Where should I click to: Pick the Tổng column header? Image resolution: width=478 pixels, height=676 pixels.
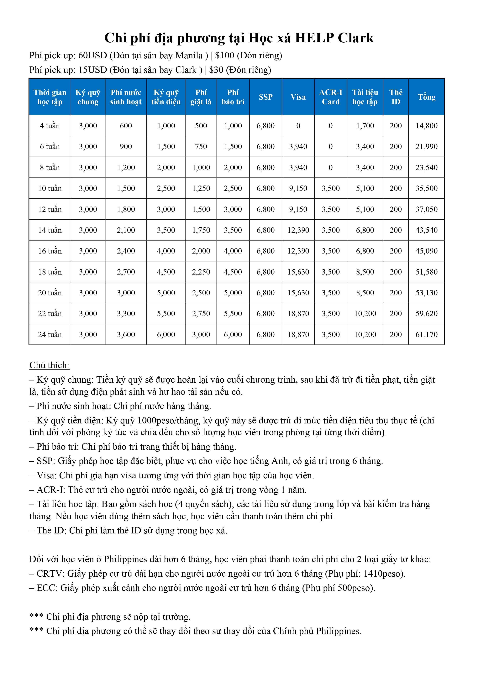click(x=426, y=97)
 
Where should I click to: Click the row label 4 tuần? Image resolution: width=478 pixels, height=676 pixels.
click(x=50, y=126)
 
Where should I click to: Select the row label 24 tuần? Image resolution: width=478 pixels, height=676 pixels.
click(x=50, y=334)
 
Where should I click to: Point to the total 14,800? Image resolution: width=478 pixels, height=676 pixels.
click(x=426, y=126)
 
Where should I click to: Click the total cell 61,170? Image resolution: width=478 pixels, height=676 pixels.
click(x=426, y=334)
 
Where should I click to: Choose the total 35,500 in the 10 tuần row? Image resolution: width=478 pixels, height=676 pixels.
click(x=426, y=188)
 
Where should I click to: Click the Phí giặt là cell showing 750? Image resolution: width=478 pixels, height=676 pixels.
click(x=201, y=147)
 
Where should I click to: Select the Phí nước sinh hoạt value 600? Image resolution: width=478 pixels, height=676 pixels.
click(x=126, y=126)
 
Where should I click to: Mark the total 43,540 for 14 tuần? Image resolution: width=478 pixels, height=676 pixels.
click(x=426, y=230)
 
